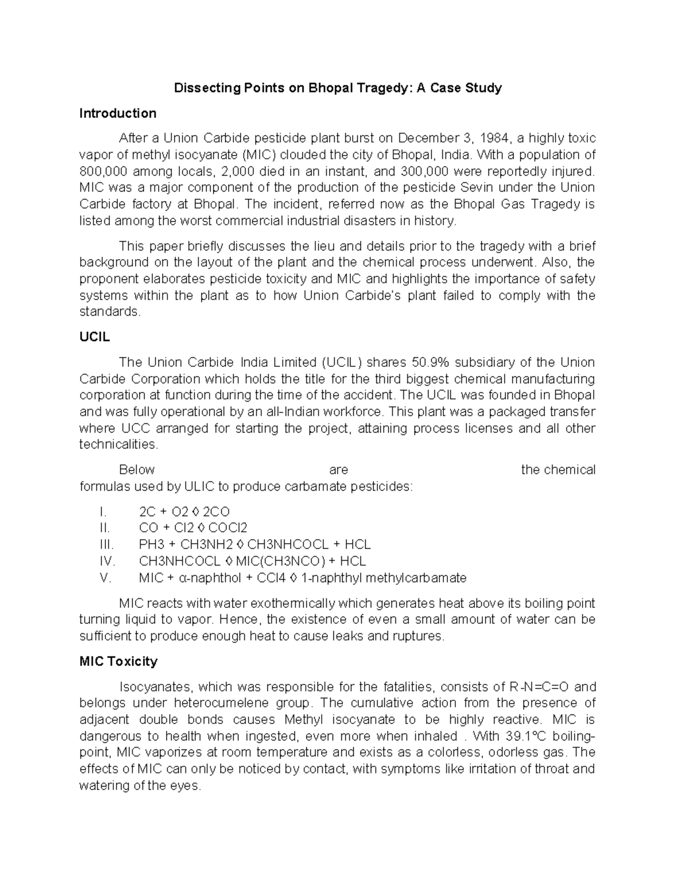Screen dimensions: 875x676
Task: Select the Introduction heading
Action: click(118, 114)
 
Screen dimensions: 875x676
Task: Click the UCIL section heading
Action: click(94, 337)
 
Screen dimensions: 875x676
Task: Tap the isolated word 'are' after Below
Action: click(339, 470)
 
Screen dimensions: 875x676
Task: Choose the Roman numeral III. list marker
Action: click(106, 545)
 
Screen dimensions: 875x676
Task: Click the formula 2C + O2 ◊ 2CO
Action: click(184, 512)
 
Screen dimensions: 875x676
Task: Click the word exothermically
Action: click(291, 603)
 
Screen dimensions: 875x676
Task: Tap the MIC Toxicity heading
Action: click(118, 661)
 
